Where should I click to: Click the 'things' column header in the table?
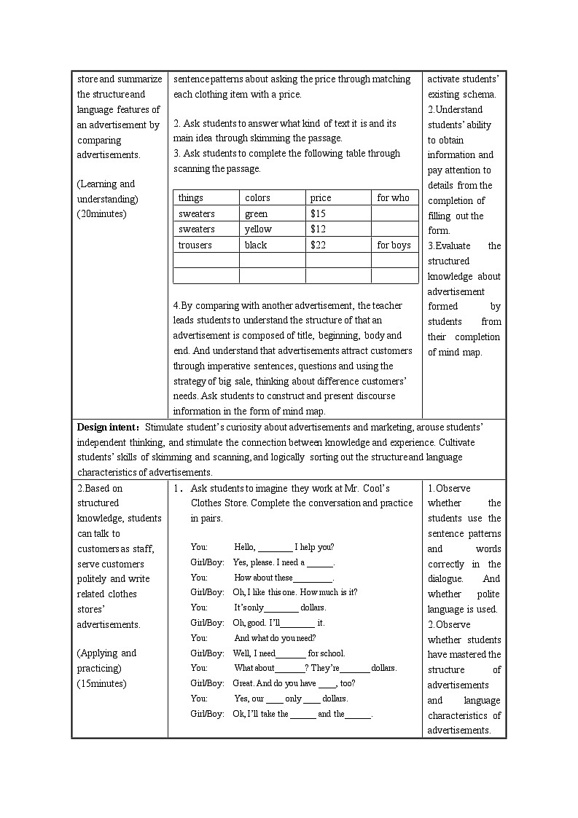[x=191, y=198]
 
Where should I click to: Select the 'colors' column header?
[x=257, y=198]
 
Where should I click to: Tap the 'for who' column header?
[x=393, y=198]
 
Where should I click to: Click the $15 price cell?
[x=318, y=214]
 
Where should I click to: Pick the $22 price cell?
[x=318, y=245]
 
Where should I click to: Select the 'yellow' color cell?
[x=258, y=229]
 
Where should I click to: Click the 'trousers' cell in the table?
[x=195, y=245]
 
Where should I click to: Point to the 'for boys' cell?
[x=394, y=245]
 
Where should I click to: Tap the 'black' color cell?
[x=256, y=245]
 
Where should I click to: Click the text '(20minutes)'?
[x=101, y=214]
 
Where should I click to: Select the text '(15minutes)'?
[x=101, y=683]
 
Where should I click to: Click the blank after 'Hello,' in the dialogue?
[x=276, y=548]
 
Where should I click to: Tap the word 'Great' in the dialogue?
[x=243, y=683]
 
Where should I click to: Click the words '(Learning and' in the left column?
[x=106, y=184]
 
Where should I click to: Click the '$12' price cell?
[x=318, y=229]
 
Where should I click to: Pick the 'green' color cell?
[x=256, y=214]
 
